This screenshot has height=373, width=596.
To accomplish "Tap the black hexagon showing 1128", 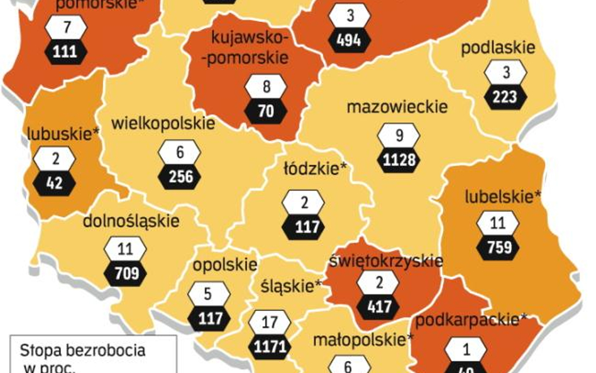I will click(x=399, y=160).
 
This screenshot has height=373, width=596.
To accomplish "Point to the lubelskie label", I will click(x=503, y=196).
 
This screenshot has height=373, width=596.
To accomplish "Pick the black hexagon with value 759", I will click(x=499, y=247).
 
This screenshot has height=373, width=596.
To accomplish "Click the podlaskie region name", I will click(x=498, y=48).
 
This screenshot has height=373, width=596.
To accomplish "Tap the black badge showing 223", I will click(x=505, y=97).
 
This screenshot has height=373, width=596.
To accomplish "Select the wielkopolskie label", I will click(x=162, y=123).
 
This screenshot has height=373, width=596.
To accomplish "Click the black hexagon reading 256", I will click(x=180, y=177).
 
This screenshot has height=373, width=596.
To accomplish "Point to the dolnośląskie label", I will click(x=131, y=221).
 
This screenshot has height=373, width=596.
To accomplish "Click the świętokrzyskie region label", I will click(x=385, y=260).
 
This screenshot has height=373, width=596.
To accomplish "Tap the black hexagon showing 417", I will click(x=378, y=308).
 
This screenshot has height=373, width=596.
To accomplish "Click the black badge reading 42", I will click(x=55, y=182).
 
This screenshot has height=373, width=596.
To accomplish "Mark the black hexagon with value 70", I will click(x=266, y=111).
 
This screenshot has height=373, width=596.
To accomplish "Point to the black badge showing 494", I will click(x=349, y=40).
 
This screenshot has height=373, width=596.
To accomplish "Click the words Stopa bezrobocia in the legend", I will click(x=82, y=350).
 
